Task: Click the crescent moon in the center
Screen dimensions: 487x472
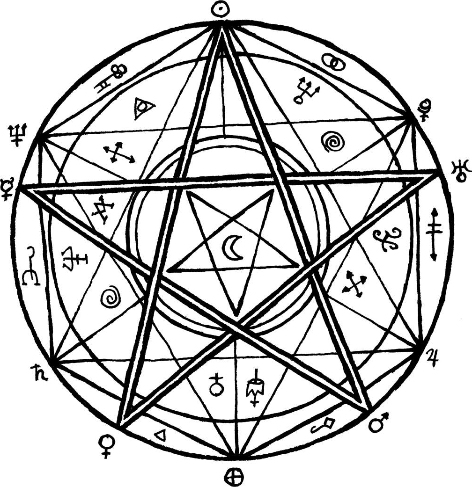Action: tap(232, 247)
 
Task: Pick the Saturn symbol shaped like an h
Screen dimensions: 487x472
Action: tap(36, 372)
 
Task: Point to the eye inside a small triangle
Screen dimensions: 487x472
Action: tap(142, 108)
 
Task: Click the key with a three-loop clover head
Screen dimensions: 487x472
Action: tap(114, 78)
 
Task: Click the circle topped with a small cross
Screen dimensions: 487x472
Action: tap(216, 385)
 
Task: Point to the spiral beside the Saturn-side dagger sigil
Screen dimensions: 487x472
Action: tap(111, 297)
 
